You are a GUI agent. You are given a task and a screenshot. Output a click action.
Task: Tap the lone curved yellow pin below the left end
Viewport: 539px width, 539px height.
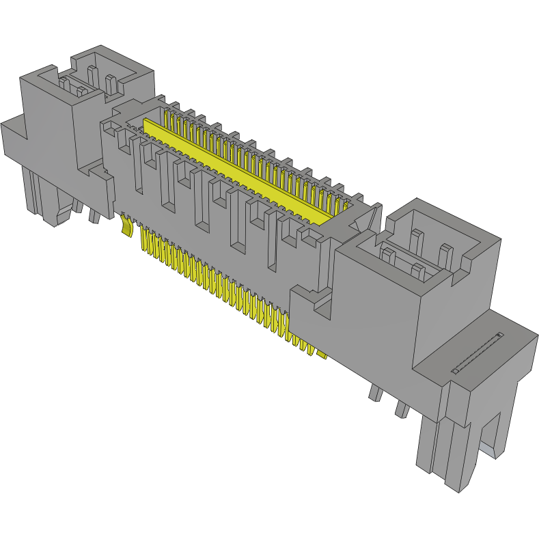coord(126,225)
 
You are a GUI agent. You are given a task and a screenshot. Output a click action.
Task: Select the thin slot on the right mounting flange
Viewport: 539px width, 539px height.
coord(477,353)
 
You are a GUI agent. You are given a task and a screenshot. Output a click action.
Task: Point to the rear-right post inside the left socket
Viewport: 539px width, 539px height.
coord(111,82)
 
